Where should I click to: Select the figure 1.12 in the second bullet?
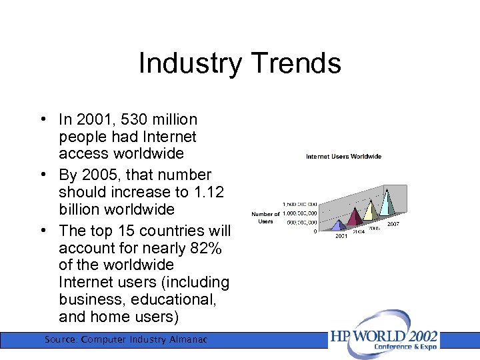207,192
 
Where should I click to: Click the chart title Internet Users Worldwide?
343,157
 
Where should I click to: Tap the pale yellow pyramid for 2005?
369,209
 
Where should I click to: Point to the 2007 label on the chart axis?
393,224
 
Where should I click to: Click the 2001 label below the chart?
341,236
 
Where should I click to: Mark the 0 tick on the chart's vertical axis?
315,231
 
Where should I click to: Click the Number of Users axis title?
265,217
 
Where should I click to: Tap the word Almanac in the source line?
188,340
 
